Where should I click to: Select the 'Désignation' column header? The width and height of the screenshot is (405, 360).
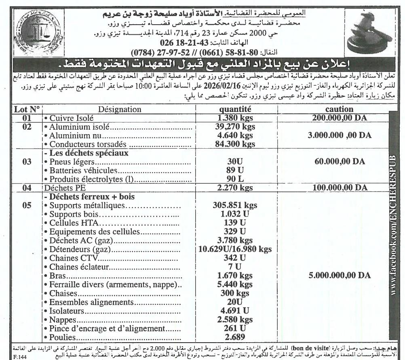point(120,109)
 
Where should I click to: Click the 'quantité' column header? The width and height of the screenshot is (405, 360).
point(235,109)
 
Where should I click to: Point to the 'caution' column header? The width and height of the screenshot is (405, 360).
point(339,109)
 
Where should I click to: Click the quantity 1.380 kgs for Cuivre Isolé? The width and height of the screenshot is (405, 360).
point(235,118)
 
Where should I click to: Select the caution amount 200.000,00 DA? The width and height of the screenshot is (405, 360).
point(339,118)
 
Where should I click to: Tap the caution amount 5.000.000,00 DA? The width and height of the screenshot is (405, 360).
point(339,275)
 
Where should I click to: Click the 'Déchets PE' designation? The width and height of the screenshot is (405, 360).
point(61,187)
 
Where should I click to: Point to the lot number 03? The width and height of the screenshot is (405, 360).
point(27,162)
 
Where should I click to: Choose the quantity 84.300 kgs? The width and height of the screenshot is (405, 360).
point(235,144)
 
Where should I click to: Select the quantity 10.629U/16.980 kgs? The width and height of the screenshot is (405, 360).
point(235,249)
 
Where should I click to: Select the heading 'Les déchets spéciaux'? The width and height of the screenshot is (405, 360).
point(89,153)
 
